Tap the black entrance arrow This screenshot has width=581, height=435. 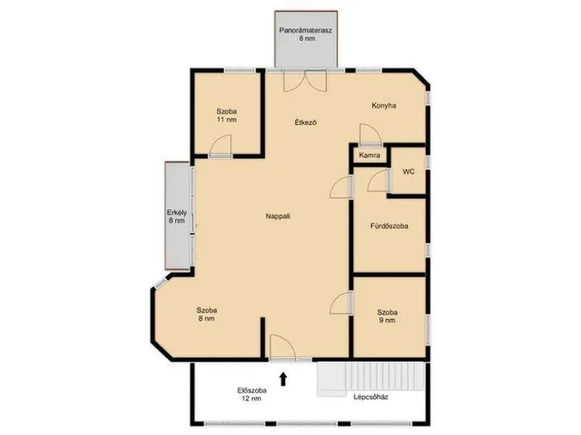[283, 379]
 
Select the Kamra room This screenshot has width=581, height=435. [369, 155]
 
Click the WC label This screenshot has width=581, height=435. [409, 171]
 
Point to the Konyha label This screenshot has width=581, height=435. [384, 105]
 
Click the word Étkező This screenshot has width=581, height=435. [306, 122]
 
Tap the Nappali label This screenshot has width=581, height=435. [278, 216]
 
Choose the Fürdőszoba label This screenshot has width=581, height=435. [389, 226]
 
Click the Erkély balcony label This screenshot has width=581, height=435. [177, 217]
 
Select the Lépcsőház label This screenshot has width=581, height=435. [370, 397]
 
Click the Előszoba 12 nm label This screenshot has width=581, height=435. [252, 394]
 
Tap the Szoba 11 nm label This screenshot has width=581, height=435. [227, 115]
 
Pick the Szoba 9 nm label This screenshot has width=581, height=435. [388, 316]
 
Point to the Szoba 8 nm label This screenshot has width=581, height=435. [207, 314]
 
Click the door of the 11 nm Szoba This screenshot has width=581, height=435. [221, 146]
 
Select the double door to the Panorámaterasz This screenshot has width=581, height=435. [305, 81]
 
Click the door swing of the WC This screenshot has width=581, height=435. [379, 180]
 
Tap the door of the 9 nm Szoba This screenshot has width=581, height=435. [341, 303]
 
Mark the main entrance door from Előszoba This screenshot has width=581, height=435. [282, 347]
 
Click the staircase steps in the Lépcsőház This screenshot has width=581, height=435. [370, 377]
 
